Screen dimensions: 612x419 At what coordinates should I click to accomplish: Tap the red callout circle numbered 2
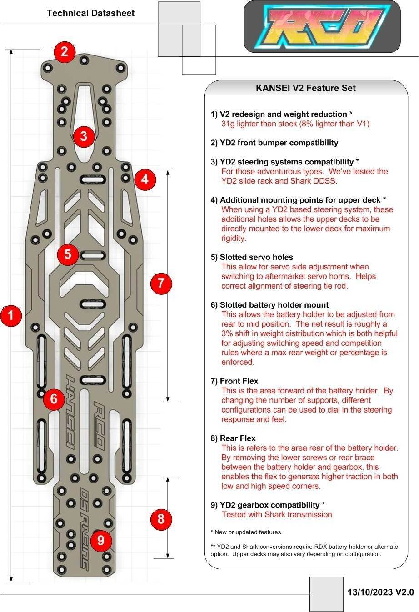tap(65, 51)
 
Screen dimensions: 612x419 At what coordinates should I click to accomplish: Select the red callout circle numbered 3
tap(83, 135)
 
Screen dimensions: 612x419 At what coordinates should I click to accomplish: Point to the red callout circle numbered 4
tap(145, 179)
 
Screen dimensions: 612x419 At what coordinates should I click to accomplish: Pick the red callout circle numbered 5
tap(68, 254)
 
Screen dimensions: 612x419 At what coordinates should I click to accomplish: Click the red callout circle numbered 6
tap(54, 399)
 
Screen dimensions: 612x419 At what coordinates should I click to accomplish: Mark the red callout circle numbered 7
tap(161, 283)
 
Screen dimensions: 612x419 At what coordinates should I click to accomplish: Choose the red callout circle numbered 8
tap(161, 518)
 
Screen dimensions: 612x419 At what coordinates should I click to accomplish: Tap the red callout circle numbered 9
tap(101, 540)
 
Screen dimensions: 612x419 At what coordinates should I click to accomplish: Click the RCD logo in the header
tap(322, 26)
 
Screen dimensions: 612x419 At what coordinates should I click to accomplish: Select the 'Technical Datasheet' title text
tap(90, 13)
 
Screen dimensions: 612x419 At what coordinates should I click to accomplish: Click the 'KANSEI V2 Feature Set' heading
tap(306, 88)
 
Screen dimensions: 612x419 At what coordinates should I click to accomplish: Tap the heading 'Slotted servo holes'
tap(252, 257)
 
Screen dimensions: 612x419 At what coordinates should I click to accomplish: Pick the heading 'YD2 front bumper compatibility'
tap(274, 143)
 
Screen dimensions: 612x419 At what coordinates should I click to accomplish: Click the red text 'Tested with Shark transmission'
tap(277, 514)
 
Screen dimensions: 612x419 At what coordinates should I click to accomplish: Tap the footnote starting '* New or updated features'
tap(245, 532)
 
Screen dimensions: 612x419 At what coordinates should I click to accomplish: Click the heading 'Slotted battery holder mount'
tap(269, 305)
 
